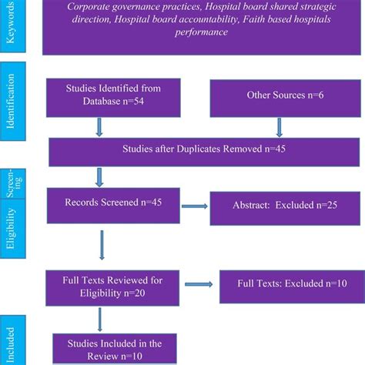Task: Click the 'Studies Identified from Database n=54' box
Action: click(x=109, y=96)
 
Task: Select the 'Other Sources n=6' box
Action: click(x=273, y=96)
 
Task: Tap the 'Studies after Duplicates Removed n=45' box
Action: click(x=201, y=149)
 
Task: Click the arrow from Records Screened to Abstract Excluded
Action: click(x=196, y=206)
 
